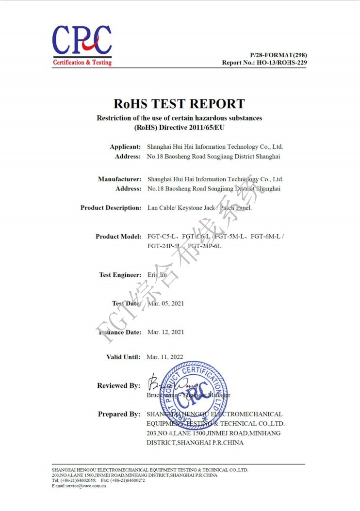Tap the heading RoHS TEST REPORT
click(179, 103)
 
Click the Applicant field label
click(125, 146)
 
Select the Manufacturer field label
click(120, 179)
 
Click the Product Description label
click(111, 208)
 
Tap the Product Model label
click(118, 237)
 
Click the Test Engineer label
click(120, 275)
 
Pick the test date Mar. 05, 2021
click(165, 303)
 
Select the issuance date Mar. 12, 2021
click(165, 332)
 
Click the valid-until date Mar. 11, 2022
click(165, 357)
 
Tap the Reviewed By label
click(119, 386)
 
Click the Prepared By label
click(119, 415)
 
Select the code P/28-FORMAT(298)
click(278, 55)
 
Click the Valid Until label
click(123, 357)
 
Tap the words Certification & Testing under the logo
click(82, 63)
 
